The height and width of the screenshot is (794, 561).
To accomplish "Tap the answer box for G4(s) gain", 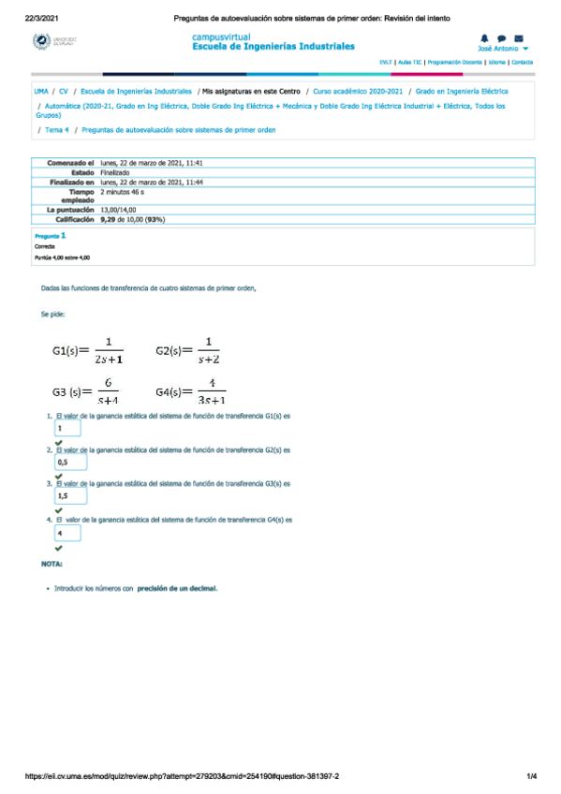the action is pos(68,533).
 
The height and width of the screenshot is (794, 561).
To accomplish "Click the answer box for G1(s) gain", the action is pos(68,428).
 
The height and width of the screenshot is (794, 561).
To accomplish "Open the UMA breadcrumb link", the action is pos(41,93).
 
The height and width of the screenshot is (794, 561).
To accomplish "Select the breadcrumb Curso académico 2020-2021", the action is pos(358,93).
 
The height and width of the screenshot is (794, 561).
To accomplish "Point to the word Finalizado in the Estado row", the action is pos(116,172).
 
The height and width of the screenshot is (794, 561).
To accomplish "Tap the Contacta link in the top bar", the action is pos(522,62).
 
